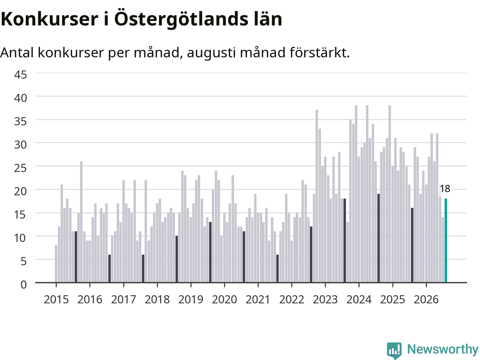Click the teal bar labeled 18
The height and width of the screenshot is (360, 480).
pos(445,240)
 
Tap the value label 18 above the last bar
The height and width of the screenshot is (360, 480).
pos(445,189)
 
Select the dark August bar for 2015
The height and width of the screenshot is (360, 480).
pos(76,257)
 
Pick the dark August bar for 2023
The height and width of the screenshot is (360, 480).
pos(345,240)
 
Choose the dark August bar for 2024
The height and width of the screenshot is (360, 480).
pos(378,238)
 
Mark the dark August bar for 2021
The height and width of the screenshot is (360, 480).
pos(277,268)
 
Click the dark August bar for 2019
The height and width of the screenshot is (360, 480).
pos(210,252)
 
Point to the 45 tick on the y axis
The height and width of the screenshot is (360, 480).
pos(21,75)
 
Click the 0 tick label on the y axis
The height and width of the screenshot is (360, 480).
pos(24,285)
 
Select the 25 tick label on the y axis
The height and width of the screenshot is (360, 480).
pos(21,168)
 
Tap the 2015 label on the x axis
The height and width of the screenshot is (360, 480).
pos(56,300)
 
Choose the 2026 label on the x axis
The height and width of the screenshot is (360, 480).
pos(426,300)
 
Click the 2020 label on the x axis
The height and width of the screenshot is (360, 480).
pos(224,300)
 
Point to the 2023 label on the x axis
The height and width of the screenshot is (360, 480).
pos(325,300)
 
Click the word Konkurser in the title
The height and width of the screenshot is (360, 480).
pos(49,19)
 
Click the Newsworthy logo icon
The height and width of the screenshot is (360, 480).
pos(394,350)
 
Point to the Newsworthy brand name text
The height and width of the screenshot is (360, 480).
pos(442,349)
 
